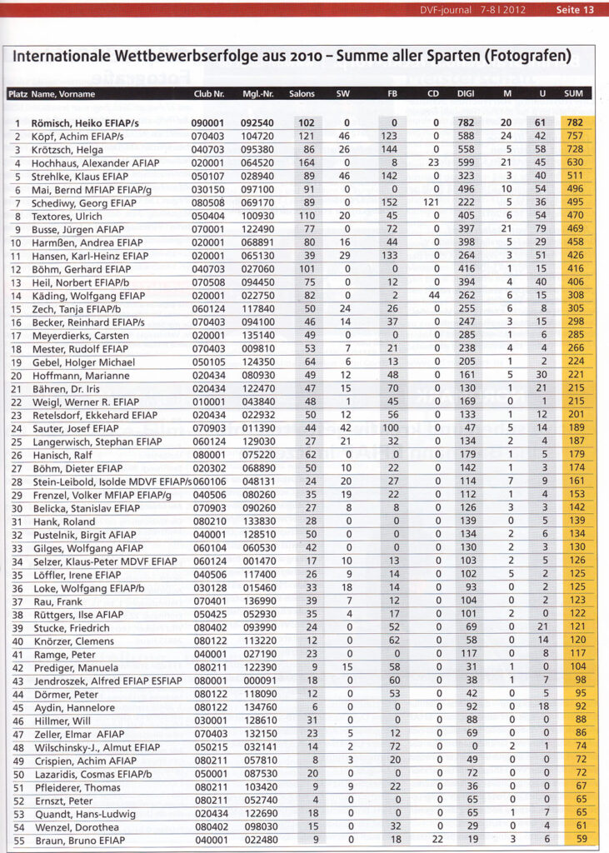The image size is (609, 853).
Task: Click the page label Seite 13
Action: (575, 10)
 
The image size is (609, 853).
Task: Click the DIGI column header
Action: (466, 94)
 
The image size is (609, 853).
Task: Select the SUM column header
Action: (573, 94)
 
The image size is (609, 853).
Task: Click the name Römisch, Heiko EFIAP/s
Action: (77, 122)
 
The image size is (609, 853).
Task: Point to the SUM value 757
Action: (574, 135)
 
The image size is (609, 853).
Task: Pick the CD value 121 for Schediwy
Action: (432, 202)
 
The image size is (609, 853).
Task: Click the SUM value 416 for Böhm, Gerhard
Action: (574, 267)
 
